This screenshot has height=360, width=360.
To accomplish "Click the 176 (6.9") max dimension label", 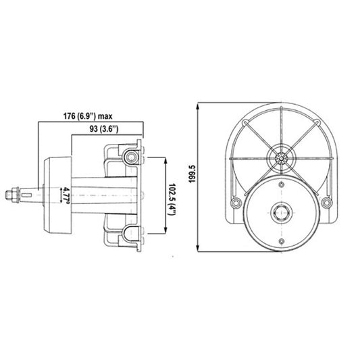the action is click(88, 116).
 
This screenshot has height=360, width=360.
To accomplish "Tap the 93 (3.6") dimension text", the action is click(104, 129).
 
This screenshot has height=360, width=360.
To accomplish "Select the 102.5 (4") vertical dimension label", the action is click(172, 199).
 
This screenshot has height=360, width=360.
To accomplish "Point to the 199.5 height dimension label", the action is click(192, 174).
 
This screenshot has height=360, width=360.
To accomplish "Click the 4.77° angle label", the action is click(67, 196).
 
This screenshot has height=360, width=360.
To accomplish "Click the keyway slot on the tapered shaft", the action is click(26, 195).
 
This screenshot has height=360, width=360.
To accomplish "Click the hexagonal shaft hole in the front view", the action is click(282, 213).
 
